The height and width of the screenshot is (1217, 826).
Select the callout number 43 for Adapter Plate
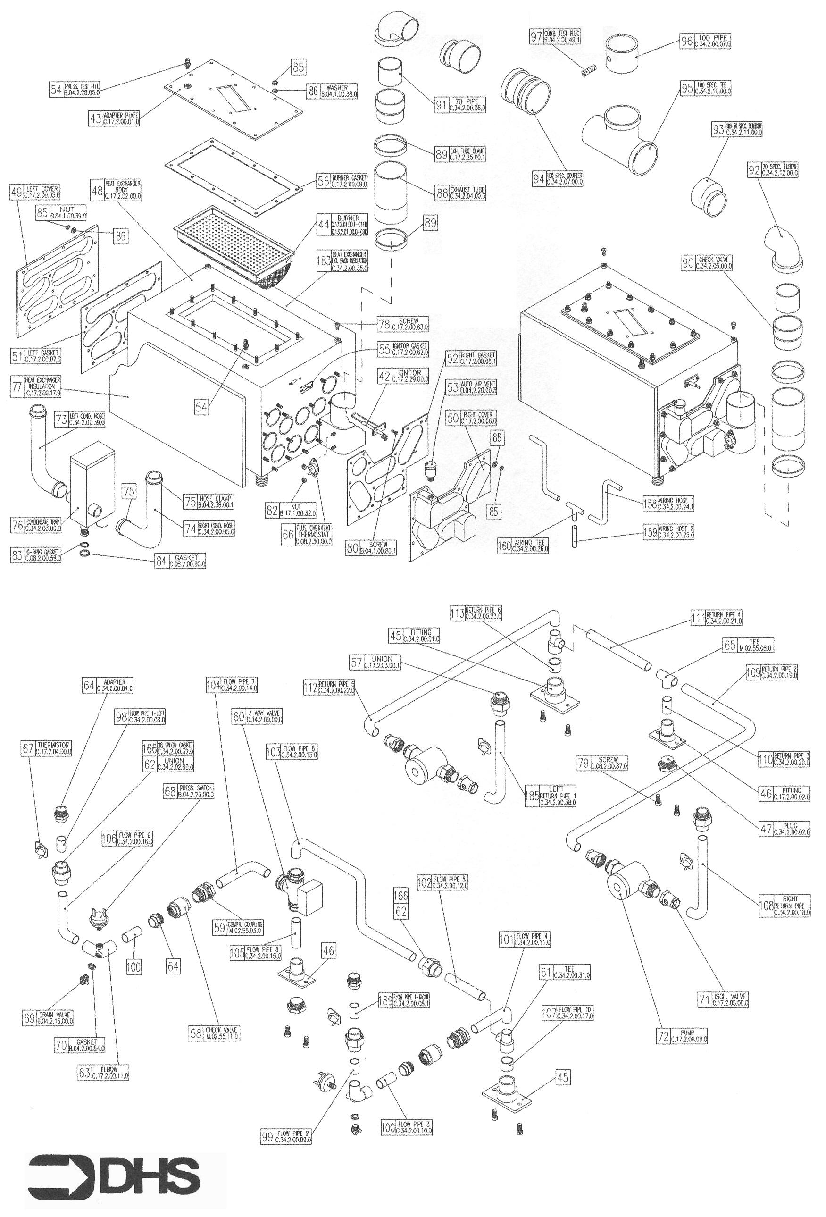[95, 119]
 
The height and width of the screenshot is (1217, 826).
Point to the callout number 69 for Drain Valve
[29, 1018]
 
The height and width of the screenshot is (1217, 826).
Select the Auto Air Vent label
[479, 387]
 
